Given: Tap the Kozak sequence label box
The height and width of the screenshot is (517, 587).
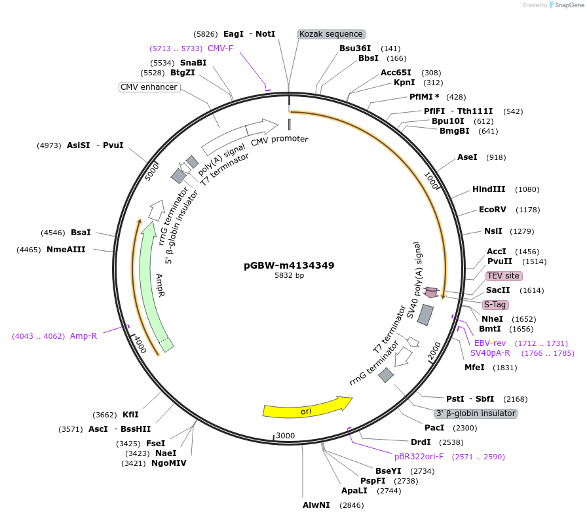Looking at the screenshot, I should click(331, 34).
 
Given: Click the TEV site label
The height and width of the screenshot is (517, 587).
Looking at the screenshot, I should click(503, 276).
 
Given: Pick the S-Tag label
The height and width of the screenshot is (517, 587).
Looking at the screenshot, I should click(495, 305).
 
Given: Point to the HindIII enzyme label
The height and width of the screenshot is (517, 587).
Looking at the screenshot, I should click(489, 189).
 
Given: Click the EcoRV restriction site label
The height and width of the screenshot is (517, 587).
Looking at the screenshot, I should click(493, 210).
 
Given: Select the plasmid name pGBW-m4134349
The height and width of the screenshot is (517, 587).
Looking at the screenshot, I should click(289, 265).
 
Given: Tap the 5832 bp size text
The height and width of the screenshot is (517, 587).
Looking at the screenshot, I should click(289, 276).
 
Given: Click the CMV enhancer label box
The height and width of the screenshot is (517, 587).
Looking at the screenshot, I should click(149, 87).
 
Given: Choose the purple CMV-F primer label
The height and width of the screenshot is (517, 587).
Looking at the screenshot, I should click(220, 48).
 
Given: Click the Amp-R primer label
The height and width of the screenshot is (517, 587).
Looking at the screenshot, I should click(84, 336).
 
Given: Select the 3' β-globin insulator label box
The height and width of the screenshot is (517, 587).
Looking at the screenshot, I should click(476, 413).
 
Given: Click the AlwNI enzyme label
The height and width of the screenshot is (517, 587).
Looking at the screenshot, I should click(316, 505).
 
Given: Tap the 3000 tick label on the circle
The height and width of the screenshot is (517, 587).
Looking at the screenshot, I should click(286, 436).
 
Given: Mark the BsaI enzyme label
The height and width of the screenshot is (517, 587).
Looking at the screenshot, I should click(81, 232).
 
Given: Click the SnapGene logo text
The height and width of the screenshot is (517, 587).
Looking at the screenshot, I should click(567, 5).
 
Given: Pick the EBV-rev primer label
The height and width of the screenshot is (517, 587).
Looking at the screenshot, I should click(490, 343).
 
